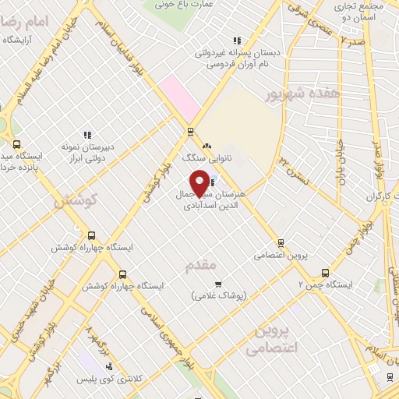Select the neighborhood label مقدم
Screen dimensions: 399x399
click(x=199, y=267)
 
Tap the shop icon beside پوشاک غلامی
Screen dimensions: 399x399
click(x=218, y=284)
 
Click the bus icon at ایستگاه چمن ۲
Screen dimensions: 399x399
click(x=325, y=273)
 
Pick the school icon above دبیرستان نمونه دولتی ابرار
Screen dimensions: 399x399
click(x=87, y=134)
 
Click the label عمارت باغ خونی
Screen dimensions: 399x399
click(x=185, y=5)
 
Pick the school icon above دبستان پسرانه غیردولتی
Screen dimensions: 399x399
click(x=237, y=41)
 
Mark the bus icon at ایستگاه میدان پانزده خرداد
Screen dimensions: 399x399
click(x=17, y=143)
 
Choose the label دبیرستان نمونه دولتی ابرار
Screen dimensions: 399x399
click(x=88, y=151)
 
